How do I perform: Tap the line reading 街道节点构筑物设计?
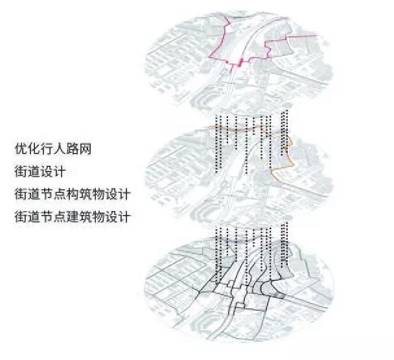tap(72, 194)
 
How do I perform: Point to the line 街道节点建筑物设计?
tap(72, 217)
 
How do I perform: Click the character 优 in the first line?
tap(20, 148)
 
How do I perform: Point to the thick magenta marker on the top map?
tap(240, 62)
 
